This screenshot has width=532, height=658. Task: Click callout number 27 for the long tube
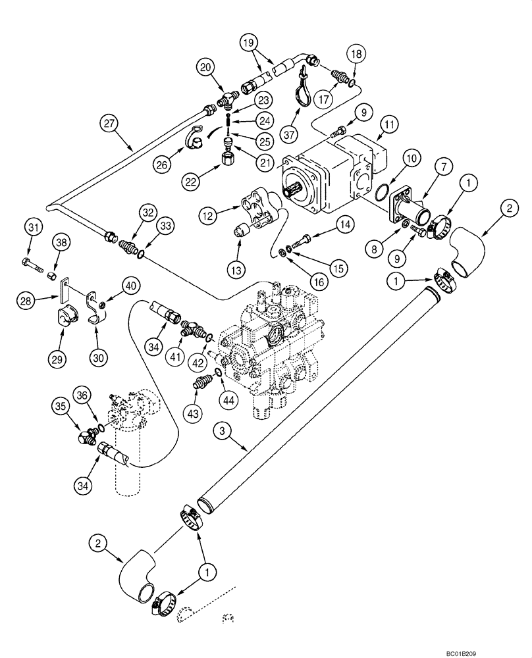click(110, 123)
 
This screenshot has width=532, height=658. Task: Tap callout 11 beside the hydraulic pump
click(389, 123)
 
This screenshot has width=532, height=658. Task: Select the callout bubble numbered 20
click(206, 66)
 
